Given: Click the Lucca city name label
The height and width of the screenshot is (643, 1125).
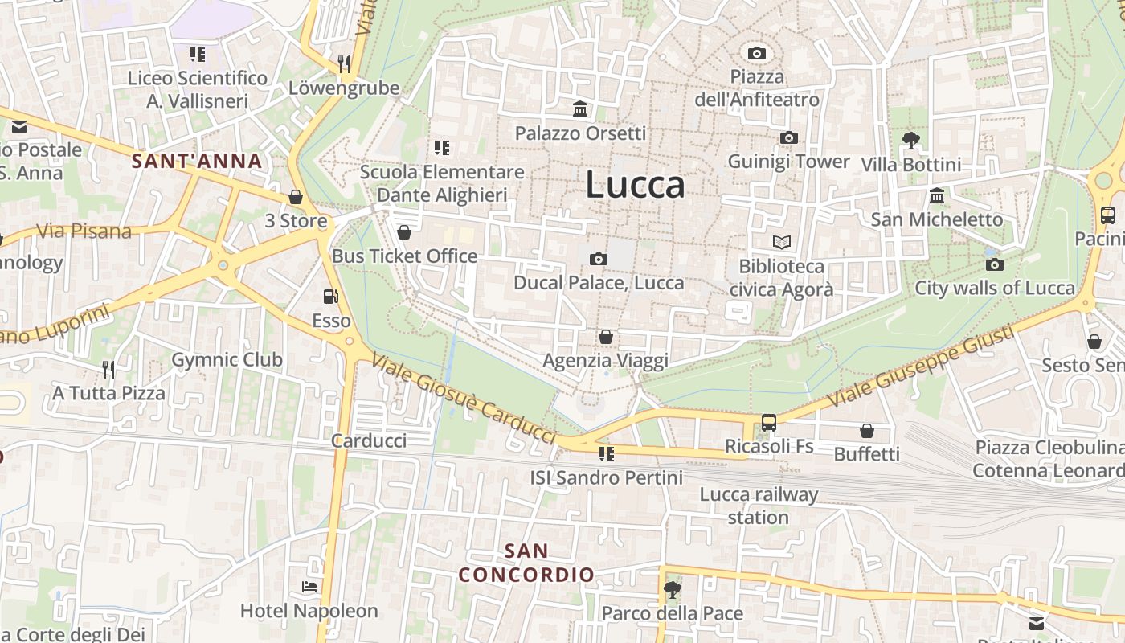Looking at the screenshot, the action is [x=635, y=185].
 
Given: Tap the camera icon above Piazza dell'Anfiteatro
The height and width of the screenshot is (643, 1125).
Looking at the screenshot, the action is [x=756, y=54].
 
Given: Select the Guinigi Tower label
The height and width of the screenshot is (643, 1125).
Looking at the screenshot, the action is [x=788, y=162].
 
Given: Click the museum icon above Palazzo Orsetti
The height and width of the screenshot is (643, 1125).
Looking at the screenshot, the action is [x=580, y=109].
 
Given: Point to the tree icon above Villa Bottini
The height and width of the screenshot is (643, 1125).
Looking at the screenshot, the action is [x=910, y=141].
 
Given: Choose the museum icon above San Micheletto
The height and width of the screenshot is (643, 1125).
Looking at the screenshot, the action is [x=937, y=195].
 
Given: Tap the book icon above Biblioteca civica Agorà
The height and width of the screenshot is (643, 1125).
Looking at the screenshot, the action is [x=781, y=242].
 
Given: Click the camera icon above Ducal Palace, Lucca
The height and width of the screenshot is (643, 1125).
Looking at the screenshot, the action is [x=598, y=259].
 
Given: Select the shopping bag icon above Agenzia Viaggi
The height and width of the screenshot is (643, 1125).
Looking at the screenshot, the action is [x=605, y=337].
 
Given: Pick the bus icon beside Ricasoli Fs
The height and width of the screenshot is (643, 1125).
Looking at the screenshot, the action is [x=769, y=422].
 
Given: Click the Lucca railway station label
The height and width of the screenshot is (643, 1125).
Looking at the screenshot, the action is [x=759, y=506].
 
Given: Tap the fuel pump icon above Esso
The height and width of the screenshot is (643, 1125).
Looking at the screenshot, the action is [x=330, y=297].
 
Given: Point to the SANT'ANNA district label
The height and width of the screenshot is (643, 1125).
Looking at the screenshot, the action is [x=197, y=161].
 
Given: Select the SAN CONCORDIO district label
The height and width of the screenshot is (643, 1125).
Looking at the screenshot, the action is [x=526, y=563].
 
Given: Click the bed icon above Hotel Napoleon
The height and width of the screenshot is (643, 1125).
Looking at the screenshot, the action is [x=309, y=587].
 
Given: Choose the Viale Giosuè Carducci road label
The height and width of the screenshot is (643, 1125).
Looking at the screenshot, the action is [x=464, y=399].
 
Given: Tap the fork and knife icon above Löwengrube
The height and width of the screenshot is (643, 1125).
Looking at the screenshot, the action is [x=344, y=64].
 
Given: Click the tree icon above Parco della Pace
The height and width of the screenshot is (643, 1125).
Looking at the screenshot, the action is [x=672, y=591].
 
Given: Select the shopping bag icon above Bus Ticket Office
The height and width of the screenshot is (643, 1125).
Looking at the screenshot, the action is [x=404, y=232].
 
